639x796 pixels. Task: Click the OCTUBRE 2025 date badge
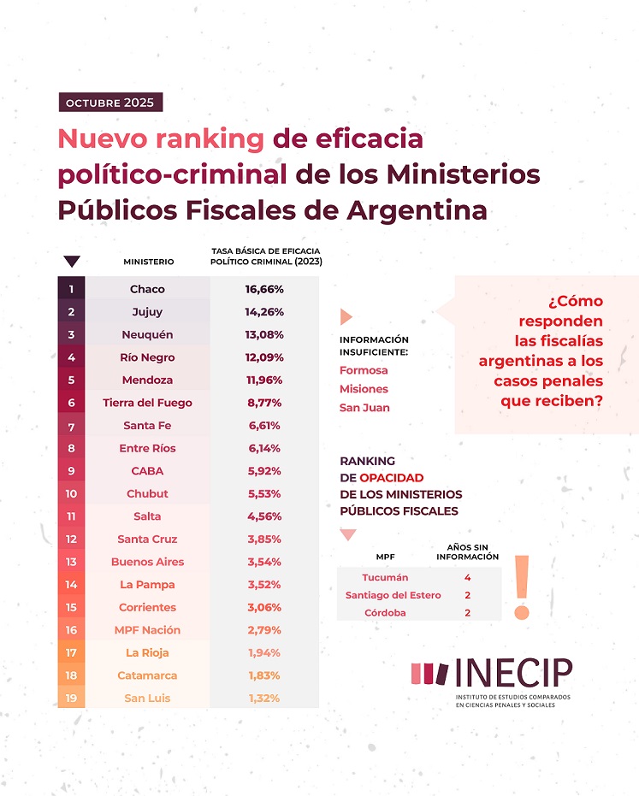(109, 103)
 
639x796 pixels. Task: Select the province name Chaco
(148, 289)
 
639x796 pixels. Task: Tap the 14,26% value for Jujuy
(264, 312)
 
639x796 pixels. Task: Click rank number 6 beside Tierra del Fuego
(71, 403)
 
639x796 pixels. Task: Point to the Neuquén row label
(148, 334)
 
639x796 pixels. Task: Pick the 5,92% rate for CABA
(264, 471)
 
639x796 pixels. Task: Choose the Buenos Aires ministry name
(148, 562)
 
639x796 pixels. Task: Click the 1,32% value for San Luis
(264, 699)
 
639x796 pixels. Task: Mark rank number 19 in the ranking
(71, 699)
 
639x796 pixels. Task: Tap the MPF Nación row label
(148, 630)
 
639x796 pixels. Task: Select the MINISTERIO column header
(149, 262)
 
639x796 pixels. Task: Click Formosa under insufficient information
(364, 370)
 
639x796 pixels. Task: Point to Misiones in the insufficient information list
(364, 389)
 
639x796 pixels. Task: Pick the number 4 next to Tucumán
(467, 577)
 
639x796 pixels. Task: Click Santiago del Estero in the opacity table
(393, 595)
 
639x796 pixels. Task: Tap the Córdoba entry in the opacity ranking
(386, 613)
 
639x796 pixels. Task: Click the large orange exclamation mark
(522, 587)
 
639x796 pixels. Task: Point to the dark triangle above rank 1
(72, 262)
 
